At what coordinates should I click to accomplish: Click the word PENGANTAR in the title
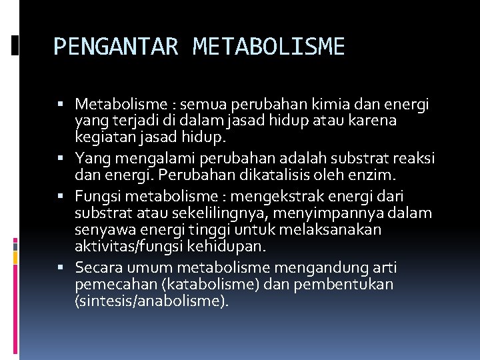115,47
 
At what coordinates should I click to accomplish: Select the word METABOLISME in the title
269,47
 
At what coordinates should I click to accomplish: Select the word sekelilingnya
203,213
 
